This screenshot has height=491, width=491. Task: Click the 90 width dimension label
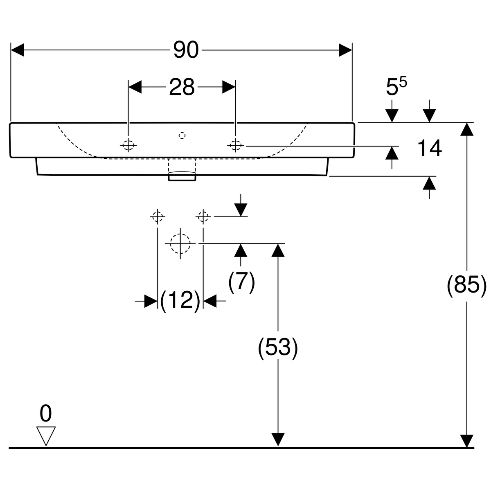point(186,50)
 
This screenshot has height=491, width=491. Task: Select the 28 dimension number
point(182,87)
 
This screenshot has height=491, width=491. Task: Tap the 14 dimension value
point(429,148)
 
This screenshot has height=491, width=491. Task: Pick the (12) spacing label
point(180,301)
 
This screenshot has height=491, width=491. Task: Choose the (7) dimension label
point(241,282)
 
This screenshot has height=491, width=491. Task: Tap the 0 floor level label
point(45,414)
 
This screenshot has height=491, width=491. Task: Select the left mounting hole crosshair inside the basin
point(128,145)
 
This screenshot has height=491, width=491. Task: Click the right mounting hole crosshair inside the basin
point(235,146)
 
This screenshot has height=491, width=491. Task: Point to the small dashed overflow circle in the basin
point(182,135)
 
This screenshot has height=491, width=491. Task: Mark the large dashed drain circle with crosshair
point(180,243)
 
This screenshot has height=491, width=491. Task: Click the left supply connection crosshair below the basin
point(158,217)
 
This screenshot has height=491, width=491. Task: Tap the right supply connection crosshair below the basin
point(203,217)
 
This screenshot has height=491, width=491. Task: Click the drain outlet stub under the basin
point(182,176)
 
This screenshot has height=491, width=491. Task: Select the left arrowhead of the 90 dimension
point(17,50)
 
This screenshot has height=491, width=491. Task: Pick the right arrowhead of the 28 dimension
point(229,87)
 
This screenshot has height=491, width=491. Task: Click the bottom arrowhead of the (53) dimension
point(278,440)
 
